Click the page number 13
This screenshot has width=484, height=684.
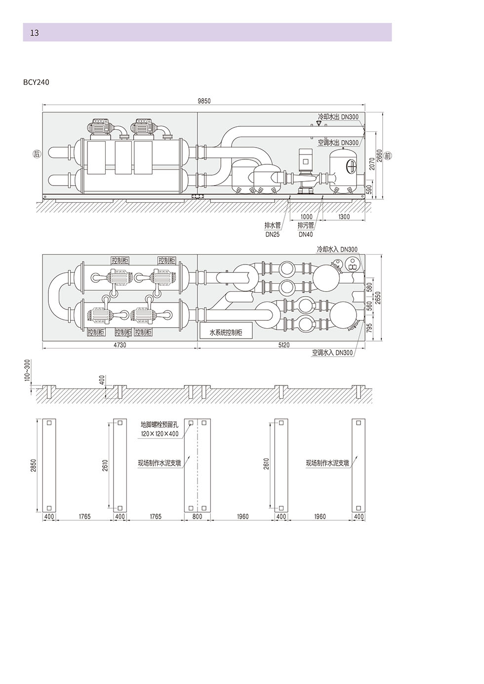35,33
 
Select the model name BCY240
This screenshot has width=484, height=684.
36,82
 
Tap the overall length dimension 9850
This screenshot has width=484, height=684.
204,101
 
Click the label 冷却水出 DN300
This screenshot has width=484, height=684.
338,116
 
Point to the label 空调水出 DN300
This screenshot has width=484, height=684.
338,143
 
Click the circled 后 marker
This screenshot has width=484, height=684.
37,153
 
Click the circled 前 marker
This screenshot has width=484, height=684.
387,156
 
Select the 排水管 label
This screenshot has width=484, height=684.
272,226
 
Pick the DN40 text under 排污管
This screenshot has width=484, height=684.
306,234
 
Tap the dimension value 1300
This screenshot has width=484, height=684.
344,217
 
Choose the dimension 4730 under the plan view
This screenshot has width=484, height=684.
120,345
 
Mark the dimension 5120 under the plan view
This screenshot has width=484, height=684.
284,345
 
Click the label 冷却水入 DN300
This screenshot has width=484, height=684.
337,249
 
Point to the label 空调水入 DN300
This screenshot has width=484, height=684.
332,353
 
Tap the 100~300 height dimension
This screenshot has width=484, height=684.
28,370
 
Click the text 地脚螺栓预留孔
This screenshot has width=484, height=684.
160,424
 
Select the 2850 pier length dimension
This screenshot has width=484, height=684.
33,465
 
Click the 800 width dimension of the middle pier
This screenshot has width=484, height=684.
198,516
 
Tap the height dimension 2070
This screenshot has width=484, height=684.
372,164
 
